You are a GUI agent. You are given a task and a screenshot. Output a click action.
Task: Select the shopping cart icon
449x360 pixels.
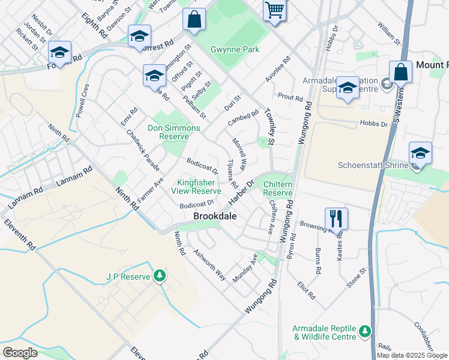coord(274,10)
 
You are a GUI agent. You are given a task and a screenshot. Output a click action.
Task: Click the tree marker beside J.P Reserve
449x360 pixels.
coord(159,275)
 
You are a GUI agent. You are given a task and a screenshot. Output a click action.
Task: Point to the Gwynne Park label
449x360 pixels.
coord(235,49)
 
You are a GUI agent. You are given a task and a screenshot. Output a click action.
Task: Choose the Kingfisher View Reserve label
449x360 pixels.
coord(199,187)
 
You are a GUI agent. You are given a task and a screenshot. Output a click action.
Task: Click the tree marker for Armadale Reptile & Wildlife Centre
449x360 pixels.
coord(364,331)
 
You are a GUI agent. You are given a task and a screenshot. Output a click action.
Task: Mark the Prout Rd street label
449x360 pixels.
coord(290,97)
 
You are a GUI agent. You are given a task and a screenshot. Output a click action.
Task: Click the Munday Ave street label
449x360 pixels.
coord(245,268)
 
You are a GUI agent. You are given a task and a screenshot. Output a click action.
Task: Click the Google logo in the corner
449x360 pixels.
coord(20,352)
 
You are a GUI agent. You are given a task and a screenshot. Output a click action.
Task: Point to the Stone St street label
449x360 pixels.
coord(355,279)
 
